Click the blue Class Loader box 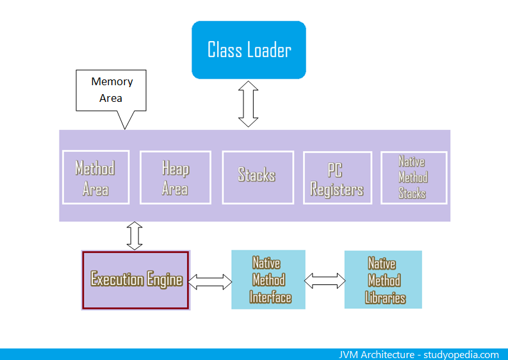249,50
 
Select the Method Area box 95,177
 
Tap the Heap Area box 175,177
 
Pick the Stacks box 257,176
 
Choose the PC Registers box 337,179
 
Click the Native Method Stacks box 413,177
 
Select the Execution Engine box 136,280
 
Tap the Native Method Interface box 268,280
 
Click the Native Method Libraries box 383,280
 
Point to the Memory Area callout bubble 111,90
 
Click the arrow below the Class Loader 248,104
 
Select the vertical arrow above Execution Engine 135,236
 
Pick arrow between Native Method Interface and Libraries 325,281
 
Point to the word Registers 337,190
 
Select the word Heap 175,168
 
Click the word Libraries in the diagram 385,298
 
